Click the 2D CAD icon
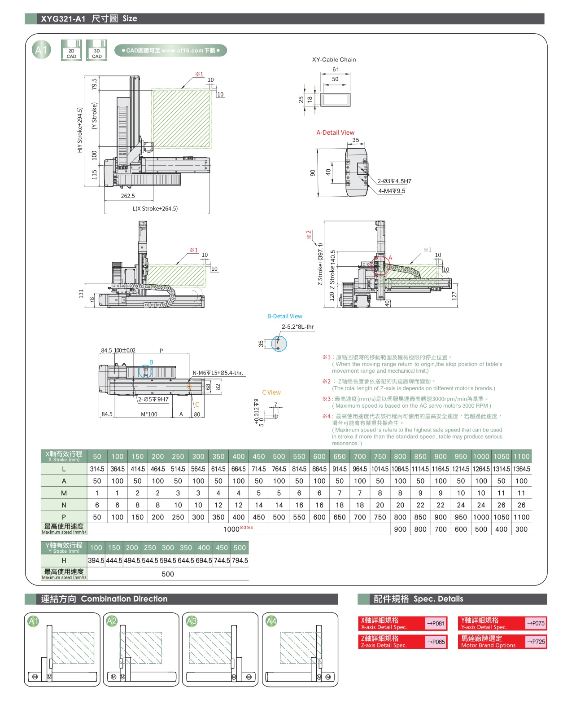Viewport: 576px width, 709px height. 71,50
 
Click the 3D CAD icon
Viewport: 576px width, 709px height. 96,50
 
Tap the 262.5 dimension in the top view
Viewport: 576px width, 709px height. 128,196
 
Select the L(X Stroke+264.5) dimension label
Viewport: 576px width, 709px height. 155,208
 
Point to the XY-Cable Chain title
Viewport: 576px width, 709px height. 334,60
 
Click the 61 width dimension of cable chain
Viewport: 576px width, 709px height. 336,69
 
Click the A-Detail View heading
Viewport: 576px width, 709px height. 335,132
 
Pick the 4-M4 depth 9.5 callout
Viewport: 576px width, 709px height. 392,191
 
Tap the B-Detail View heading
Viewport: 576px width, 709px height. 285,316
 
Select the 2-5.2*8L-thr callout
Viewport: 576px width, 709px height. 297,326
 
